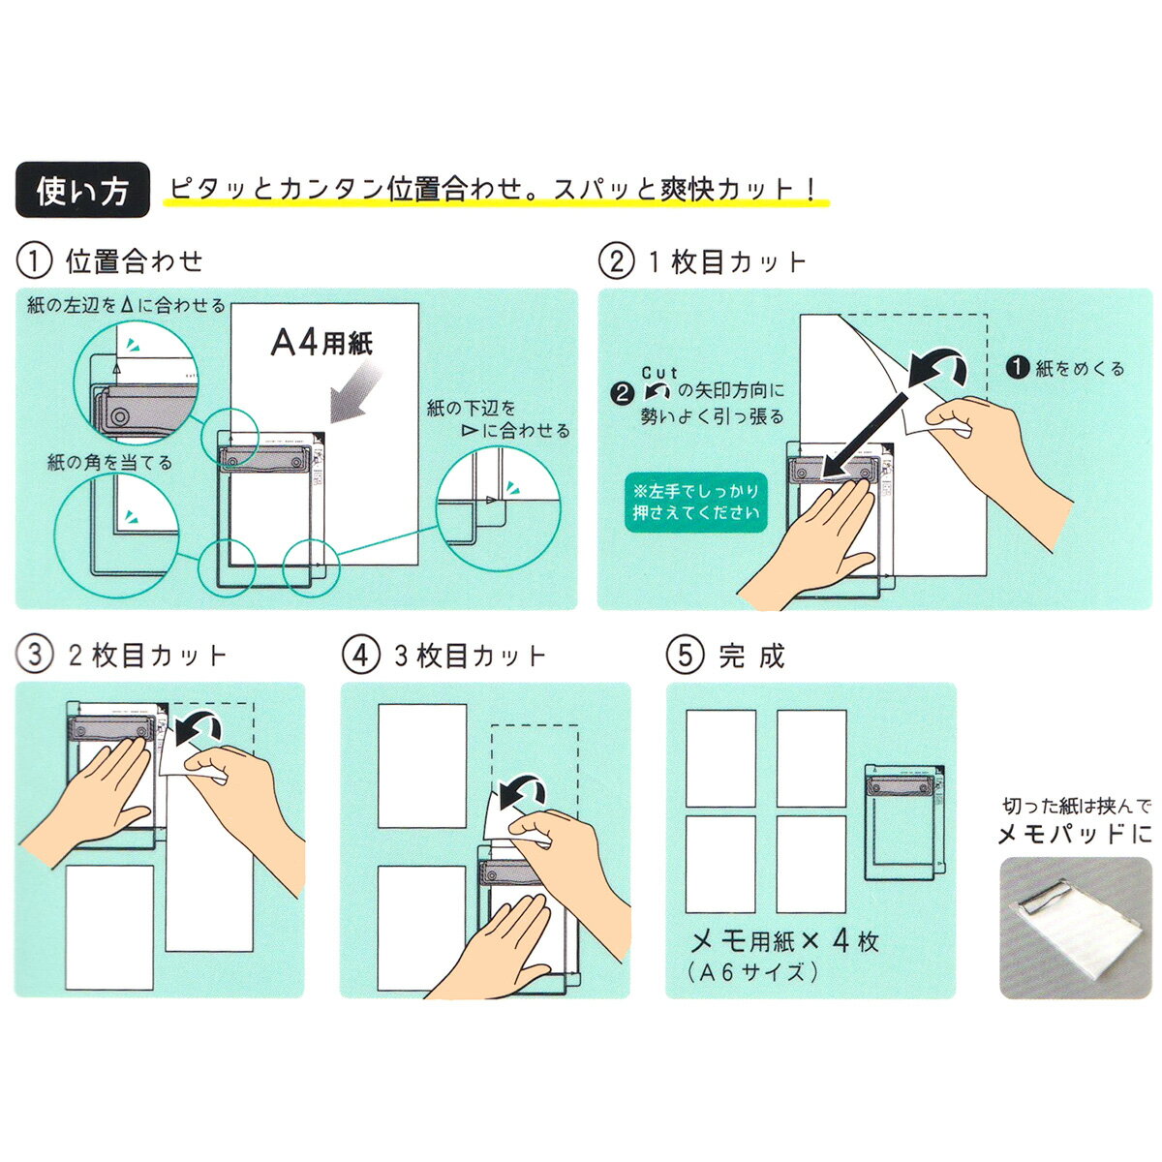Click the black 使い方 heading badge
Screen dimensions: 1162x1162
[x=82, y=190]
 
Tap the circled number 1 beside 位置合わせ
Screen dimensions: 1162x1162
[x=34, y=261]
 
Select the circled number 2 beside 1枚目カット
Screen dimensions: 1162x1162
[x=616, y=261]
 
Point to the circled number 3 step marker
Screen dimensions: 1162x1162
[x=34, y=655]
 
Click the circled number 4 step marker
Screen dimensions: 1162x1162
[x=360, y=655]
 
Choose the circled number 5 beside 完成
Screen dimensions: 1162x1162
[x=685, y=655]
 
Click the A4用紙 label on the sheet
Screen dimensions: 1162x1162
[x=321, y=343]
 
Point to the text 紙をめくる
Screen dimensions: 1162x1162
[x=1065, y=368]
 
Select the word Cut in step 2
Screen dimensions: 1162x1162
[x=659, y=373]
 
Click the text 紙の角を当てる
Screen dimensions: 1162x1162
[x=109, y=463]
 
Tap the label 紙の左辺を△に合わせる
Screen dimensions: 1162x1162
[x=127, y=306]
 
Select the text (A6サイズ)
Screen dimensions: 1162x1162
[x=752, y=972]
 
